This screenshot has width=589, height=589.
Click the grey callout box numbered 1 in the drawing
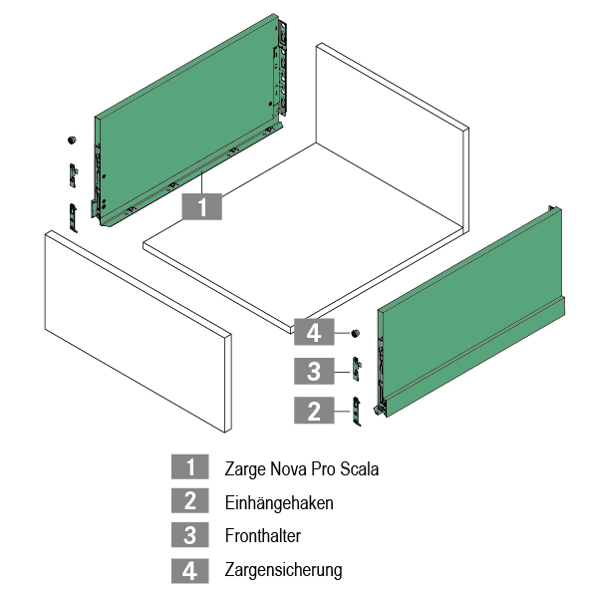pos(201,206)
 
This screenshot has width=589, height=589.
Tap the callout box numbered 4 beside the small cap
pos(314,332)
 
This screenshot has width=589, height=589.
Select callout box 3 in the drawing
pos(314,371)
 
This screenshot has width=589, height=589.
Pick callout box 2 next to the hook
pos(314,411)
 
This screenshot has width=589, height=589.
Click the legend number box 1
pos(190,466)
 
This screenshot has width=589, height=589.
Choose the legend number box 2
pos(190,500)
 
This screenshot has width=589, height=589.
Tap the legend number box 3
pos(190,534)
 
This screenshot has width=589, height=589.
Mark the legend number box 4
pos(190,571)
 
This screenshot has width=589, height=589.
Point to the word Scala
pos(359,468)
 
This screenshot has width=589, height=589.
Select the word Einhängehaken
pos(279,503)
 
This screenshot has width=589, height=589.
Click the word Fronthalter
pos(263,535)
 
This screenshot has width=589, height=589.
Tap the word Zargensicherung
pos(284,570)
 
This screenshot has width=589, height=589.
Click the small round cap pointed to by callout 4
pos(355,333)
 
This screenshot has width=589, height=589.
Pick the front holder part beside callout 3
pos(357,369)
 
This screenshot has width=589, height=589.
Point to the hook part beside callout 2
pos(357,412)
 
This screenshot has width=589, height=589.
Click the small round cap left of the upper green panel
pos(72,140)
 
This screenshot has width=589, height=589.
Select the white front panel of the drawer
pos(138,331)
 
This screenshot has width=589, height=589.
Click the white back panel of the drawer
pos(393,139)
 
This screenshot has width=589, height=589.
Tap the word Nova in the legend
pos(288,468)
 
